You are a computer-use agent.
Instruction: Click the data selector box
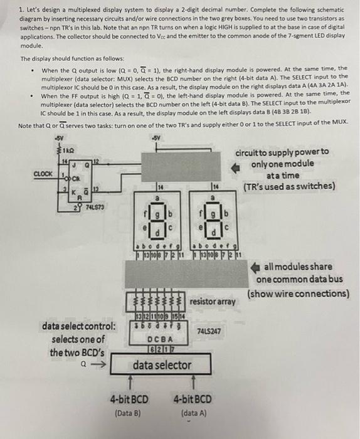click(x=161, y=364)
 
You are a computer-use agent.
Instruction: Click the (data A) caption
click(x=193, y=413)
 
